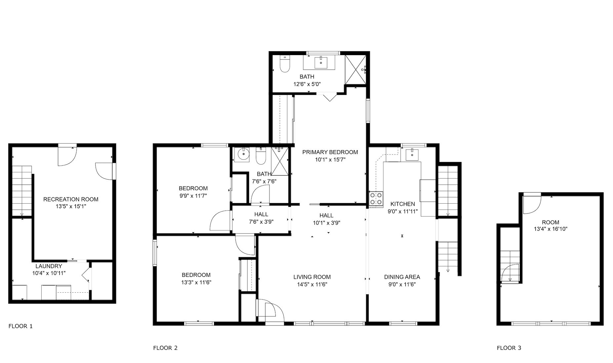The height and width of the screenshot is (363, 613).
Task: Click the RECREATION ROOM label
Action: [71, 199]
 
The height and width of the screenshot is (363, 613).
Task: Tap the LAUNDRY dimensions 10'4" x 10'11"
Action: [49, 273]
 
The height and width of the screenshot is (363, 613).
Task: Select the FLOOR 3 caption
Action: [509, 348]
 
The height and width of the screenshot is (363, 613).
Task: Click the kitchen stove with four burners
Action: [376, 199]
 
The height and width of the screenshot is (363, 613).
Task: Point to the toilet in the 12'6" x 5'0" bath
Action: [284, 64]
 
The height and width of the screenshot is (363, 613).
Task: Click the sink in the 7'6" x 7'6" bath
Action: [244, 154]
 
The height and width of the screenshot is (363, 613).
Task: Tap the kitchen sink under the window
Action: [412, 154]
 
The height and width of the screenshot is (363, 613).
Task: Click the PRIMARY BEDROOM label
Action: [330, 152]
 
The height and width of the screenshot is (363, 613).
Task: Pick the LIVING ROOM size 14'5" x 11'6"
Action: [312, 284]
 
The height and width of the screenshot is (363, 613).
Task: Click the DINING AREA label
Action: [402, 277]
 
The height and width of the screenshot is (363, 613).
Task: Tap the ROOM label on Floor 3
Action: [551, 222]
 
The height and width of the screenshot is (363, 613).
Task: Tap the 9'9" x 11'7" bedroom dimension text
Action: [193, 196]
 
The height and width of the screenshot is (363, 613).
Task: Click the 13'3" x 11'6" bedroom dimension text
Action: [196, 282]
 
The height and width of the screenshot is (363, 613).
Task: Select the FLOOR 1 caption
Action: [20, 326]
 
